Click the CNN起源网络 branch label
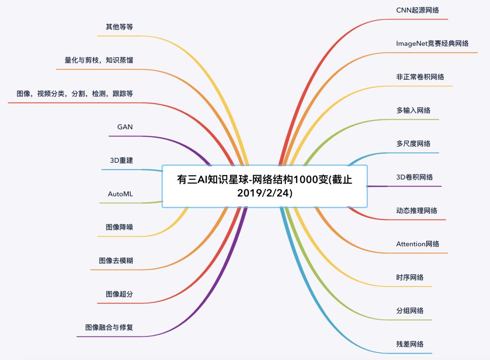417,10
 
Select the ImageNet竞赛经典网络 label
432,44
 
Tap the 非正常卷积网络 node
420,77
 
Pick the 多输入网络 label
413,110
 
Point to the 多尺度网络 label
413,144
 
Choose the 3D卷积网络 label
414,177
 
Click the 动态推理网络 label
416,210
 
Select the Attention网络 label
417,244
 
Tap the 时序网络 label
410,277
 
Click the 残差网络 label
410,344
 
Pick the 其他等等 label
119,27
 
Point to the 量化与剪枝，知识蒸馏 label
99,60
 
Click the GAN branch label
125,127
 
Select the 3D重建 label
121,161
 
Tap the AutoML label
120,194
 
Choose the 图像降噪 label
119,227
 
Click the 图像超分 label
119,294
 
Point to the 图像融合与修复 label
109,327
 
